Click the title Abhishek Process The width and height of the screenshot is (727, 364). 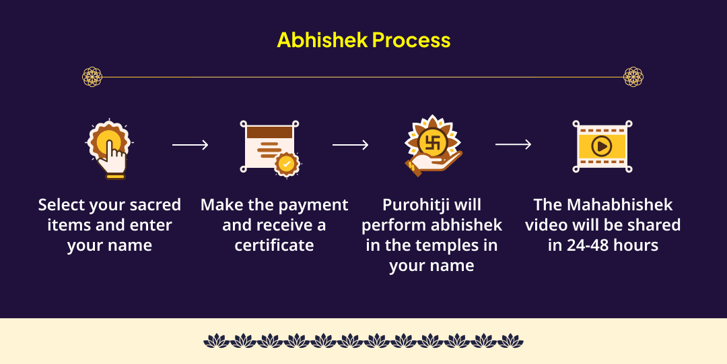tap(363, 40)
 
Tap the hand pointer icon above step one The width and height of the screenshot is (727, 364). tap(110, 149)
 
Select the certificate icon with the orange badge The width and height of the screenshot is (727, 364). tap(270, 148)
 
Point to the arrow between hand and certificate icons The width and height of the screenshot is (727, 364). tap(190, 145)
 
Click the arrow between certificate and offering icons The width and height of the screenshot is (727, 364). tap(350, 145)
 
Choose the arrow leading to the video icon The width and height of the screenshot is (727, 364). tap(513, 145)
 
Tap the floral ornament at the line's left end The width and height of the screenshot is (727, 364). tap(92, 77)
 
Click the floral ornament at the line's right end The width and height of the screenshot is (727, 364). tap(633, 77)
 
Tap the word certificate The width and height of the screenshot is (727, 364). tap(274, 245)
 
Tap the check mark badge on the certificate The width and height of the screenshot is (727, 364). tap(287, 164)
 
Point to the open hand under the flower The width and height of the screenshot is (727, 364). tap(434, 163)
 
